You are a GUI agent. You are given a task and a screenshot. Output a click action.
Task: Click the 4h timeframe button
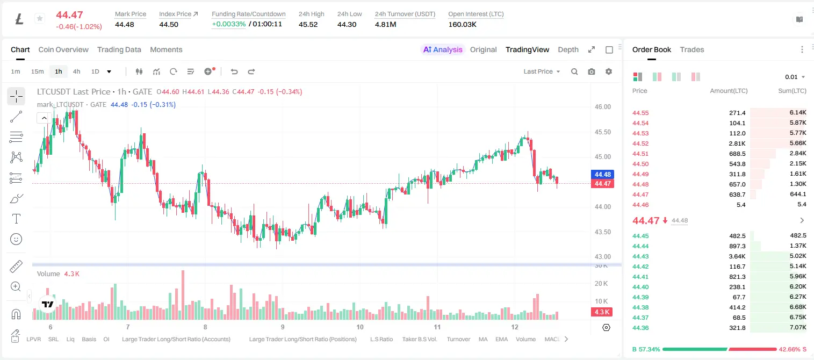(76, 71)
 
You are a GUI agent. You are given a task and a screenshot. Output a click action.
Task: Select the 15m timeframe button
(37, 71)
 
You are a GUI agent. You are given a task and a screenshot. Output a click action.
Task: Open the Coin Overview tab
(63, 49)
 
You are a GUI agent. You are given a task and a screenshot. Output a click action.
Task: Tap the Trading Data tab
(119, 49)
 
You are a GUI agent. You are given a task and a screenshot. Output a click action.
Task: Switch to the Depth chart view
(568, 49)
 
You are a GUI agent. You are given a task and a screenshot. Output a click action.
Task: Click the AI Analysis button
(443, 49)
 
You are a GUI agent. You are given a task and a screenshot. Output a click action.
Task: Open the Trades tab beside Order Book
(692, 49)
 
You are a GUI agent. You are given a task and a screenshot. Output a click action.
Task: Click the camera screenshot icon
(592, 71)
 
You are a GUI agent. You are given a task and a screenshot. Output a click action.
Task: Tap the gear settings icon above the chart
(609, 71)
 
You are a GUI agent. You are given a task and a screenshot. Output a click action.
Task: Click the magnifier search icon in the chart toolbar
(574, 71)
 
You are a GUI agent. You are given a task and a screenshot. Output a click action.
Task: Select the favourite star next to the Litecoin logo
(40, 18)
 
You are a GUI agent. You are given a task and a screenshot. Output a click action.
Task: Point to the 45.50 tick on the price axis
(602, 132)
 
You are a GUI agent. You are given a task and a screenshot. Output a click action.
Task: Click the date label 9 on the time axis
(283, 327)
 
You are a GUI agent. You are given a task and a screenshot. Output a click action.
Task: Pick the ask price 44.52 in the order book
(640, 143)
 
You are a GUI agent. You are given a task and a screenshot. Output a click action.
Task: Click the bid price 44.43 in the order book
(640, 256)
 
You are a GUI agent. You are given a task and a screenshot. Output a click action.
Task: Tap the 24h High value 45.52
(308, 24)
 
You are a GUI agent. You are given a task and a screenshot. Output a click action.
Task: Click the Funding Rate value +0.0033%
(229, 24)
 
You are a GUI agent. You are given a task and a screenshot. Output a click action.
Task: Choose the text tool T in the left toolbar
(16, 219)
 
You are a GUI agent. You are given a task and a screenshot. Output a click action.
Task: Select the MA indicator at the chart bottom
(483, 339)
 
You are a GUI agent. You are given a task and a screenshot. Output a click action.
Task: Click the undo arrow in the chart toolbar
(234, 71)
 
